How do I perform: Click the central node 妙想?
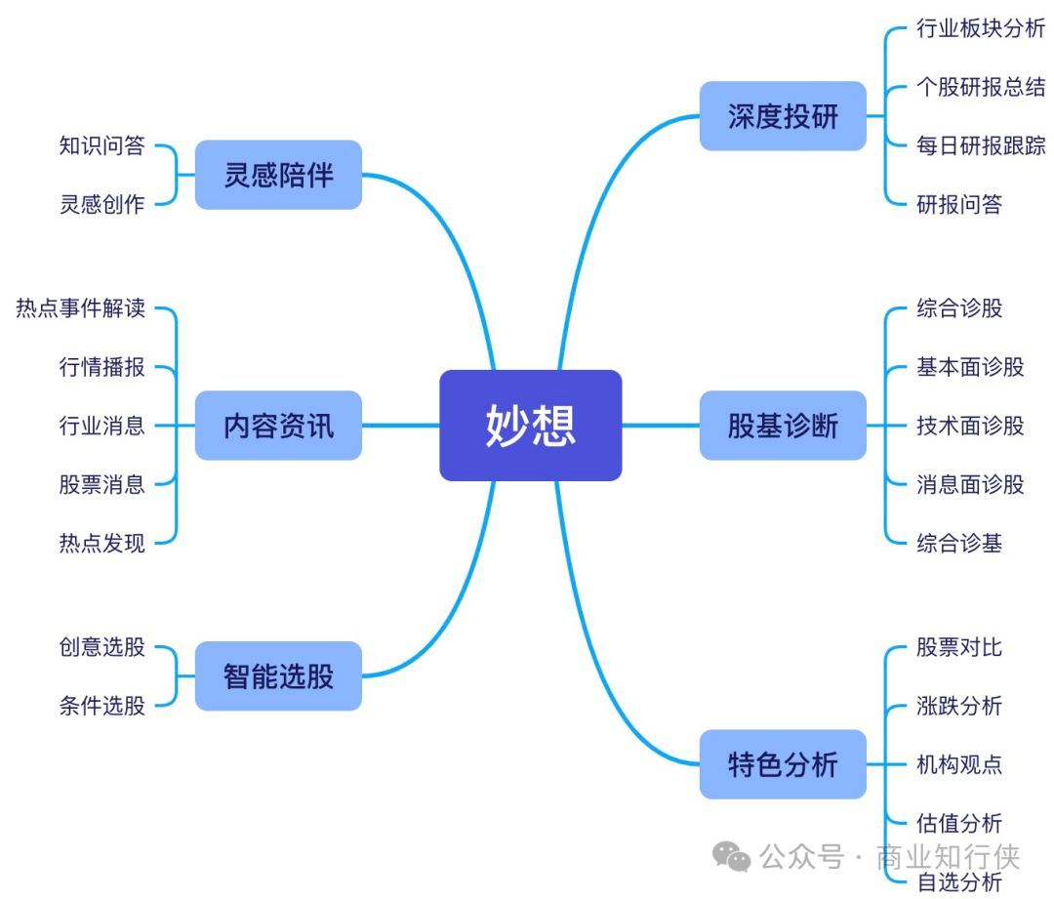coord(530,425)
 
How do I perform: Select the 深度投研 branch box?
coord(783,116)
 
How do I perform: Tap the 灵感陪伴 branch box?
coord(278,175)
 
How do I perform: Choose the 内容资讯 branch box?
coord(278,425)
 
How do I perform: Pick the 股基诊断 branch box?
coord(783,425)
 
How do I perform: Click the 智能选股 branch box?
coord(278,675)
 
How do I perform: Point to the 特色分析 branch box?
coord(783,763)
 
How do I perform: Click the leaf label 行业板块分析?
coord(980,28)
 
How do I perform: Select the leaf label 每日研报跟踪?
coord(980,145)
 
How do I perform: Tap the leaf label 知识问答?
coord(101,145)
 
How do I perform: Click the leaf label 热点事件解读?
coord(80,308)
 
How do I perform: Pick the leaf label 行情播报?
coord(101,367)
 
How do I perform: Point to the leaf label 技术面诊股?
coord(970,425)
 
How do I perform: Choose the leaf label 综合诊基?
coord(959,542)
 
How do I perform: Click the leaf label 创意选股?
coord(101,646)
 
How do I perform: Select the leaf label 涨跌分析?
coord(959,705)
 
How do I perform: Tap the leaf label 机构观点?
coord(959,763)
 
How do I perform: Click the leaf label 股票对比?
coord(959,646)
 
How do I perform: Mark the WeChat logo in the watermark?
coord(732,856)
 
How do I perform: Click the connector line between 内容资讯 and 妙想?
coord(400,425)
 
